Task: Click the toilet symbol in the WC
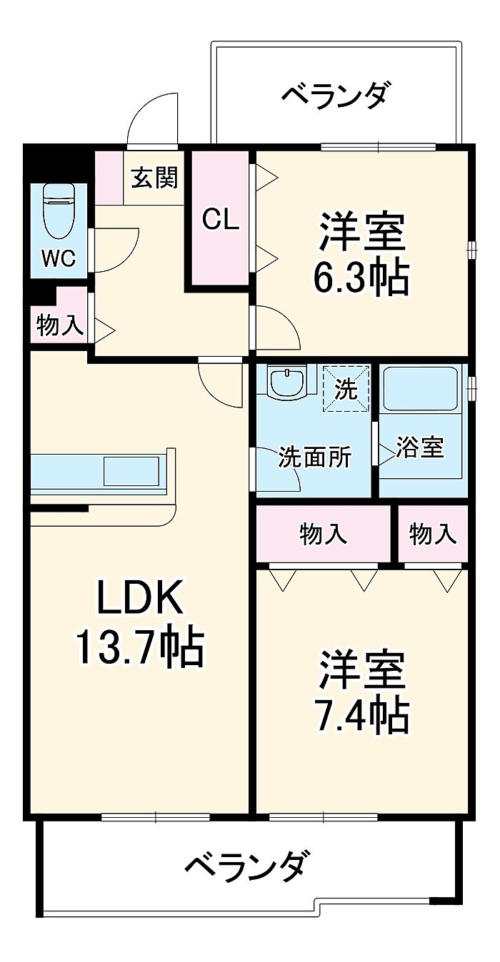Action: pos(59,211)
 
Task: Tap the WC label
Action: pos(58,258)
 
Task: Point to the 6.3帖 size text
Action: pos(361,278)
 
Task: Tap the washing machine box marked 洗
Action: pos(346,390)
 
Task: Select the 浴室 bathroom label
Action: pos(420,447)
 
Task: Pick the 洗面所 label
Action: pos(314,456)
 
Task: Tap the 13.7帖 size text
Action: pos(140,647)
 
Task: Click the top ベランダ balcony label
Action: pos(336,95)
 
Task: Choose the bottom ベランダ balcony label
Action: pos(248,866)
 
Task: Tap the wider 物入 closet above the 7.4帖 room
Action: pos(324,534)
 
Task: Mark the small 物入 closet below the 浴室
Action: pos(433,534)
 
